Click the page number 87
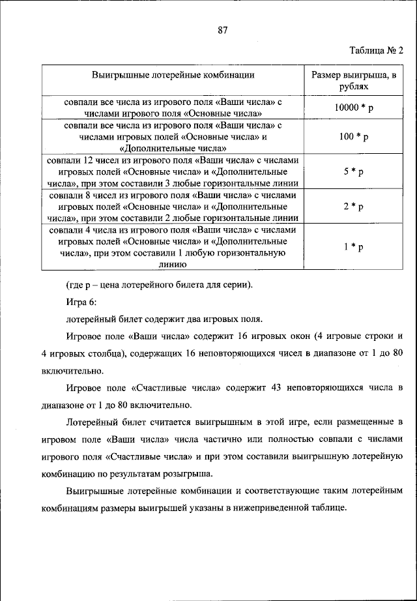(x=222, y=29)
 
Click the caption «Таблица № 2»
(x=377, y=51)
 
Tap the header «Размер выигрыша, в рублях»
(x=354, y=80)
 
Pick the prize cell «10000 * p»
(x=354, y=108)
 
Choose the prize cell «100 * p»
(x=354, y=137)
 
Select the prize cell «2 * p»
(x=354, y=207)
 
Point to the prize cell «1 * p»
(x=354, y=247)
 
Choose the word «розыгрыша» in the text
(x=199, y=473)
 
